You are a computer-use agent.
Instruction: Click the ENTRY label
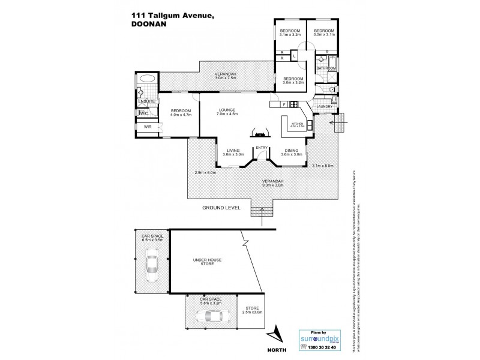(x=261, y=148)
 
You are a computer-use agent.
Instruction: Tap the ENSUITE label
(x=146, y=101)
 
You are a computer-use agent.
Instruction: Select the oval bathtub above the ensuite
(x=147, y=79)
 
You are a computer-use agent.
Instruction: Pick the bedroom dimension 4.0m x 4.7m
(x=180, y=115)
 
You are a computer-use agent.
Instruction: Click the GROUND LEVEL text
(x=222, y=207)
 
